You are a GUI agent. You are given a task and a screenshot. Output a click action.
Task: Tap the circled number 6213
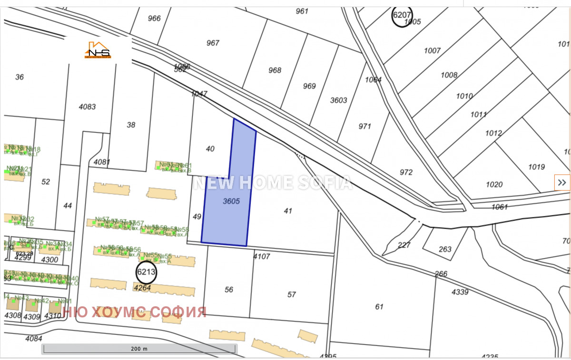point(146,272)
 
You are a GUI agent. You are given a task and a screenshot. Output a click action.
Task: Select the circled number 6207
point(402,16)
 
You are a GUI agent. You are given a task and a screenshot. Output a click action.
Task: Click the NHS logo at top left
point(98,50)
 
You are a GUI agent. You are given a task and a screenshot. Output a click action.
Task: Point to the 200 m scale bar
point(139,349)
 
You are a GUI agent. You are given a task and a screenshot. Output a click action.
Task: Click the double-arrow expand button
point(562,182)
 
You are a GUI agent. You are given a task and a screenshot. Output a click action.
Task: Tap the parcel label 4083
point(87,107)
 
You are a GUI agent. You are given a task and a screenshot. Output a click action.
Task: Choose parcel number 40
point(210,149)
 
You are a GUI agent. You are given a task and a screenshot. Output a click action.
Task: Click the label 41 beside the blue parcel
point(287,211)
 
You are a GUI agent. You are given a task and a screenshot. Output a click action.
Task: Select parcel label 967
point(213,43)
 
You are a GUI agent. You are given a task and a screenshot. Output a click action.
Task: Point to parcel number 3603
point(339,100)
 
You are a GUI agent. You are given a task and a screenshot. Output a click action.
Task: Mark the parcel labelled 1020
point(494,185)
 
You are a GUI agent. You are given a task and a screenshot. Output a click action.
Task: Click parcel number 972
point(406,172)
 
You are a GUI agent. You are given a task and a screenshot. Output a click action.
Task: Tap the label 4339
point(460,292)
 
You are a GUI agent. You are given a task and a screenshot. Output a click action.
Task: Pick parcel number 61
point(379,307)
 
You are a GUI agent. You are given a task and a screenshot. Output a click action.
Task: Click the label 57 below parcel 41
point(292,294)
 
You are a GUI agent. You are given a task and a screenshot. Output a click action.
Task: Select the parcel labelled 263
point(445,249)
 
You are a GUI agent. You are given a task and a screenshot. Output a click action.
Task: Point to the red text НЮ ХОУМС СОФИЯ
point(135,312)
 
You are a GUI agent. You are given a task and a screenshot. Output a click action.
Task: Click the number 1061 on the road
point(500,207)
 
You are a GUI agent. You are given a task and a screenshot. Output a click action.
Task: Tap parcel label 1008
point(449,75)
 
